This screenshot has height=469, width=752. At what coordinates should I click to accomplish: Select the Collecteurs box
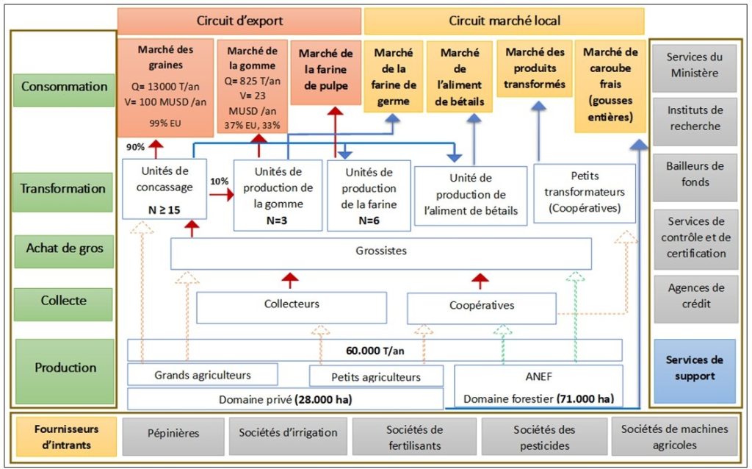click(292, 305)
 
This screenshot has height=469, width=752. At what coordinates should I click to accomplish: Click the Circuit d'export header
click(239, 21)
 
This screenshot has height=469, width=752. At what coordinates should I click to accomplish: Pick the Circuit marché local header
click(504, 21)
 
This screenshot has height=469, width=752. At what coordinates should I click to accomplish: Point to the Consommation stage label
click(63, 87)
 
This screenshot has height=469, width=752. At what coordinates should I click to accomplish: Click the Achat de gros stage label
click(63, 248)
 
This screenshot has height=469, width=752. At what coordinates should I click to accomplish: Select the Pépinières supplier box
click(173, 434)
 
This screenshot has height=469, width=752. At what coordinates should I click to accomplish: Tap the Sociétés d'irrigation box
click(288, 434)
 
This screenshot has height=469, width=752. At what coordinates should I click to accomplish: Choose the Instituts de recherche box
click(694, 118)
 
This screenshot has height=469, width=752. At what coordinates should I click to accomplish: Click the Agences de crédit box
click(694, 296)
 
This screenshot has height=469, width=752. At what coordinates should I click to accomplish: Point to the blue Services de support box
click(694, 368)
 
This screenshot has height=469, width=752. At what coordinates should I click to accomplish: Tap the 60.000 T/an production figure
click(375, 350)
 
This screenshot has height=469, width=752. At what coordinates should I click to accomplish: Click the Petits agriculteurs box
click(376, 377)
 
